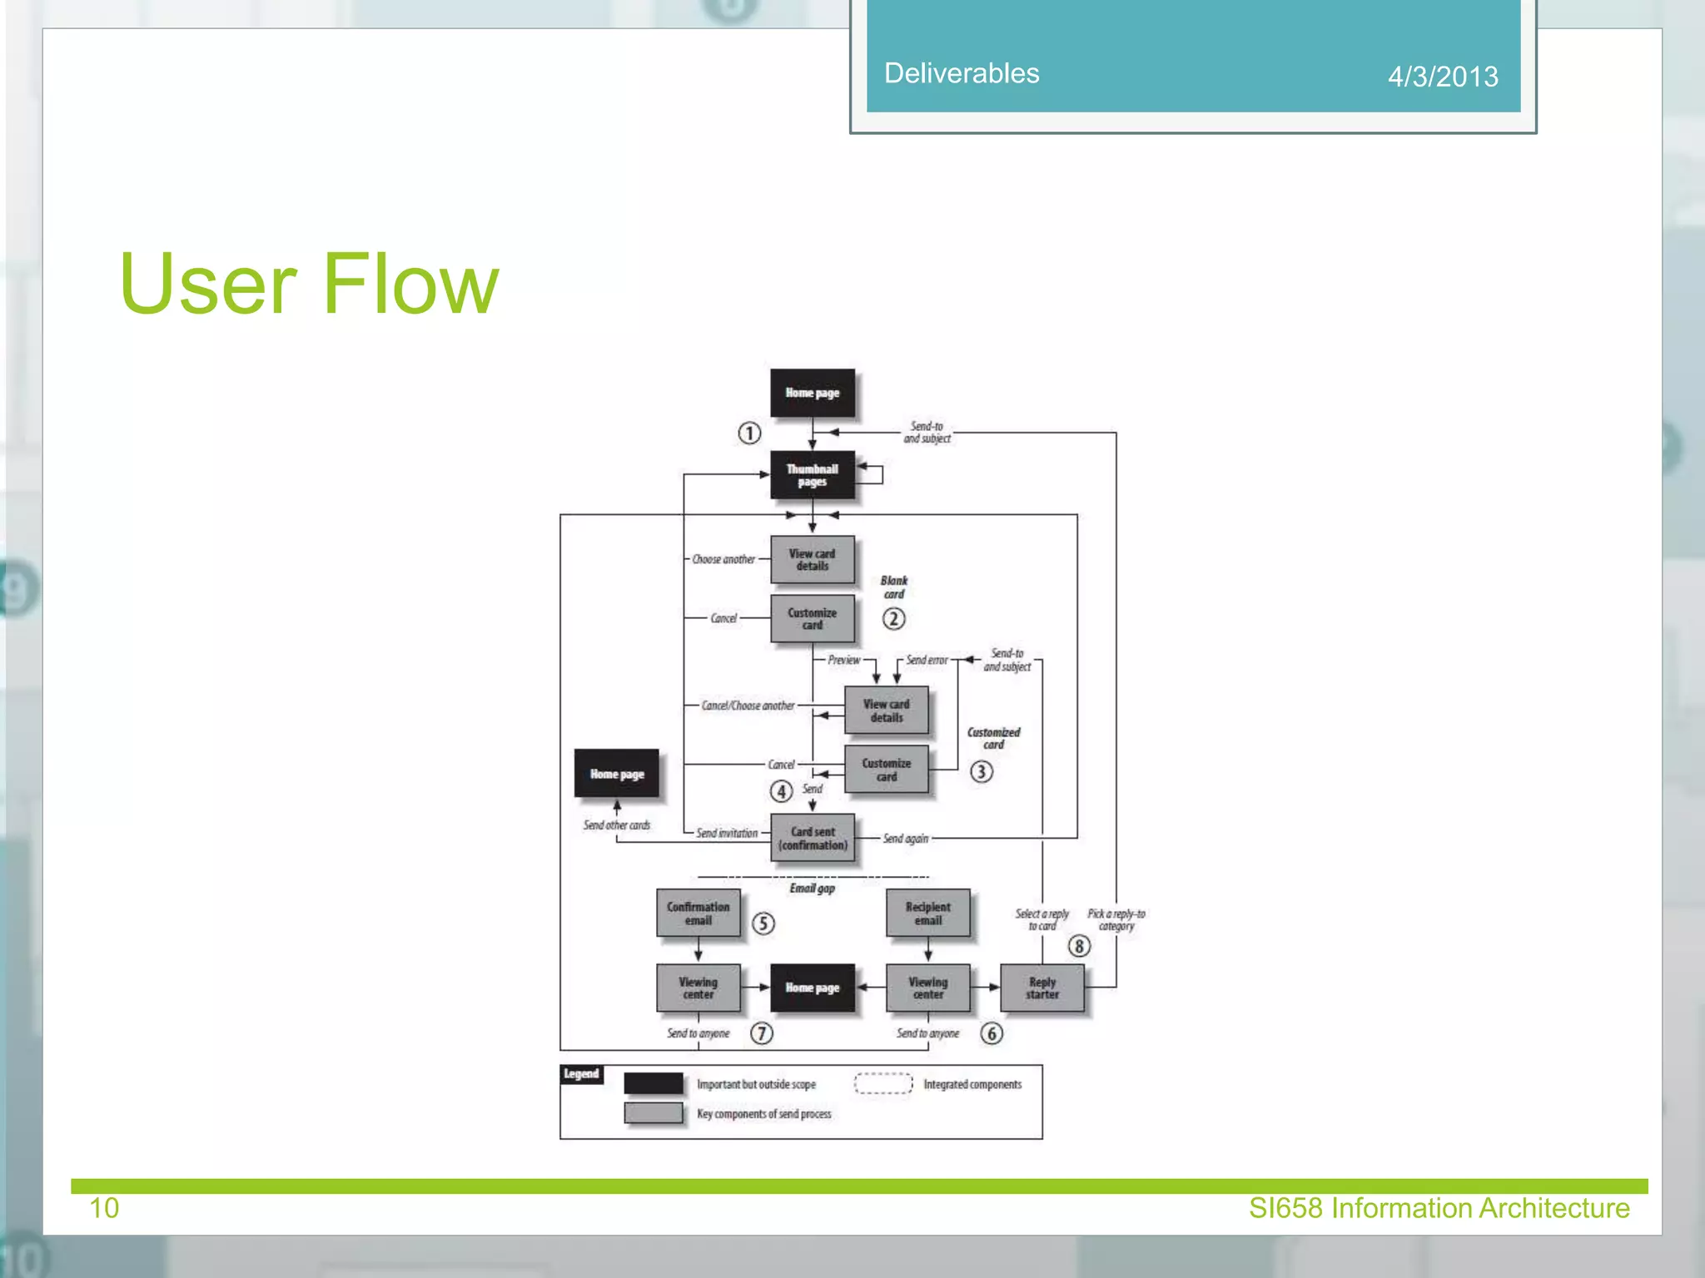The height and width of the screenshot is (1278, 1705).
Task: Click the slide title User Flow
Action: (309, 285)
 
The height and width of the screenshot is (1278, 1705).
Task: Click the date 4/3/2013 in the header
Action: (1442, 77)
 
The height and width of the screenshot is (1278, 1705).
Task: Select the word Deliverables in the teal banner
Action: (961, 73)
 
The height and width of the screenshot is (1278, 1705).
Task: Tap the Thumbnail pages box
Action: (812, 475)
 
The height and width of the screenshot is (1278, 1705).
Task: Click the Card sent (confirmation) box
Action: (813, 838)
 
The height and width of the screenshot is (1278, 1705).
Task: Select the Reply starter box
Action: (1041, 988)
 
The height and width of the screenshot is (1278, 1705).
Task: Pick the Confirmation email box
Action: (698, 913)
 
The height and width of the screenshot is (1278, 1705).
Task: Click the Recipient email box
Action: (927, 913)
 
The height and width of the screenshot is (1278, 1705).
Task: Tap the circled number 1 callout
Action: (749, 433)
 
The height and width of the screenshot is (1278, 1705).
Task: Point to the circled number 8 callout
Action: (1078, 946)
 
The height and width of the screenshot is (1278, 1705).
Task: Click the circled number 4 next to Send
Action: (781, 790)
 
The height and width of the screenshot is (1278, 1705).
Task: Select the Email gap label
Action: (812, 889)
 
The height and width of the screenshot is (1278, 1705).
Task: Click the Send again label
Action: (905, 839)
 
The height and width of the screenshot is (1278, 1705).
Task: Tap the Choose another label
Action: (723, 559)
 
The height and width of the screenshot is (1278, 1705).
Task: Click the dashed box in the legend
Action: (883, 1083)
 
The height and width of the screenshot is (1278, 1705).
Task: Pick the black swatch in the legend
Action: (654, 1083)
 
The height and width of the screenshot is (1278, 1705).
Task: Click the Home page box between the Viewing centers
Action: (812, 988)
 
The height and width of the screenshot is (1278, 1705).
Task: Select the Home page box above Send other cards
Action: (616, 774)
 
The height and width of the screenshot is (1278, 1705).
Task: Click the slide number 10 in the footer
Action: (104, 1208)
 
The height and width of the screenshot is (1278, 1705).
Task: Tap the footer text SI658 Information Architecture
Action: (1439, 1208)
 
